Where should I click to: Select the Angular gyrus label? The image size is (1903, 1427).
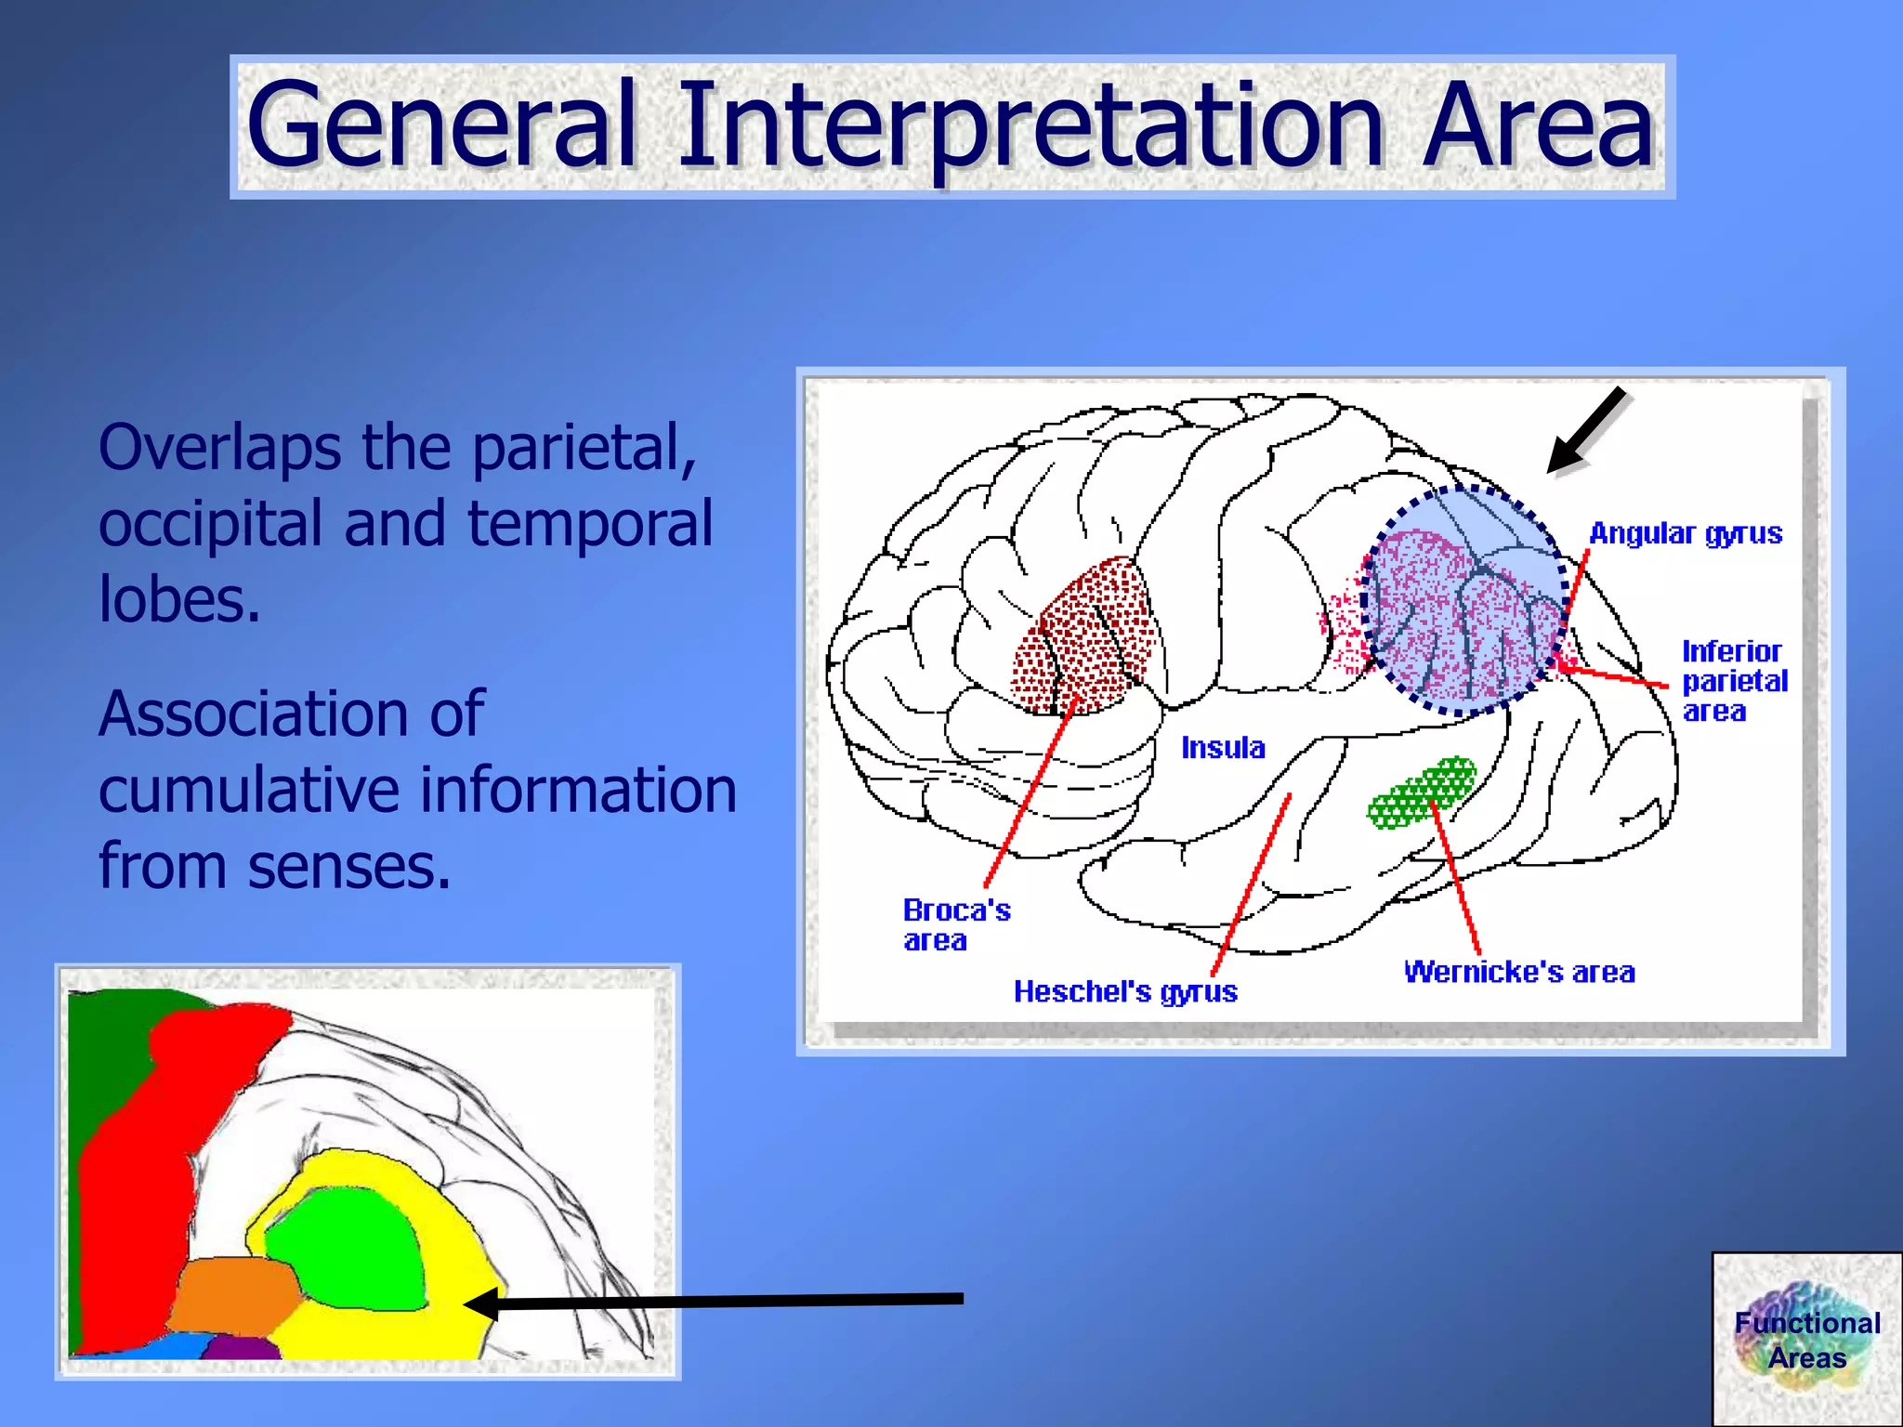coord(1686,533)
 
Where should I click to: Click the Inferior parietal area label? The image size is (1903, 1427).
coord(1734,681)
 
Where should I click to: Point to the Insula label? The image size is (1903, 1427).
coord(1223,748)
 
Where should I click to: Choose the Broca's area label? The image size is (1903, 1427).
coord(955,924)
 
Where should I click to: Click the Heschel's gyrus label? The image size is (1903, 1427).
coord(1125,992)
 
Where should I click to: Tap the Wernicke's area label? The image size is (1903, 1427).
coord(1519,973)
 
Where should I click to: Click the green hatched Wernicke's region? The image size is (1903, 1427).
coord(1422,792)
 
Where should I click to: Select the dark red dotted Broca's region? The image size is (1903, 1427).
coord(1087,641)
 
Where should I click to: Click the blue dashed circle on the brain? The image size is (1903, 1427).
coord(1466,599)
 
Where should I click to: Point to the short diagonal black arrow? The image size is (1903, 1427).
coord(1585,430)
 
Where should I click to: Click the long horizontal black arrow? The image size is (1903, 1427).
coord(715,1302)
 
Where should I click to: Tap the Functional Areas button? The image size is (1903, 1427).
coord(1806,1340)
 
